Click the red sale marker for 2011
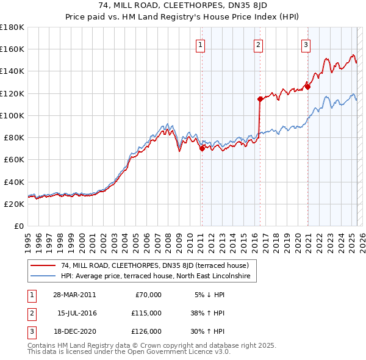(202, 148)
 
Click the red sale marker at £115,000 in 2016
(260, 98)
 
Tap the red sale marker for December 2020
(308, 87)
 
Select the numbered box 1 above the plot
(201, 44)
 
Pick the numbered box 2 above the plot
(259, 44)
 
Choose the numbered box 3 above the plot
(306, 44)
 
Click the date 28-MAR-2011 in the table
(75, 295)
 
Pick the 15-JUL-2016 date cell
(76, 313)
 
